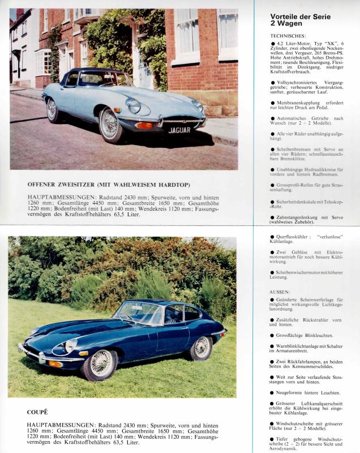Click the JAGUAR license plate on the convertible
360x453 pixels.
(179, 130)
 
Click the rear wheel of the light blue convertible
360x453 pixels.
(54, 109)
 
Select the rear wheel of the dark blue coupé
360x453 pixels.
(202, 347)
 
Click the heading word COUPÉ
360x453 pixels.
(37, 412)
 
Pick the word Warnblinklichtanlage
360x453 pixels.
(301, 345)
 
